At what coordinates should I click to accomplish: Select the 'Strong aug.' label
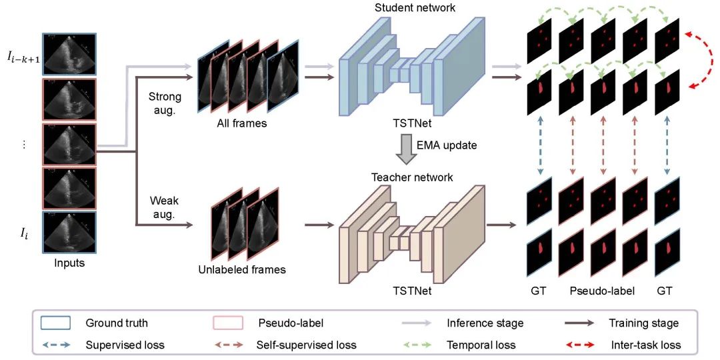164,103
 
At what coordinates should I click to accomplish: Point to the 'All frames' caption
241,123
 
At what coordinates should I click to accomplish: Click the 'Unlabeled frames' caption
241,270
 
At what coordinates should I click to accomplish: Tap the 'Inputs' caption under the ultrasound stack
70,263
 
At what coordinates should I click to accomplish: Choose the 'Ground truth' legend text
117,323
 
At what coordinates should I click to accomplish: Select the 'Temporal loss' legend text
481,345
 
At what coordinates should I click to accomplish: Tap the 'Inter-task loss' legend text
645,345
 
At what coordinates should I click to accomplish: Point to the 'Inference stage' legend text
485,323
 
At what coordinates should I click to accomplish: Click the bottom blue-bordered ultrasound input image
70,233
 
